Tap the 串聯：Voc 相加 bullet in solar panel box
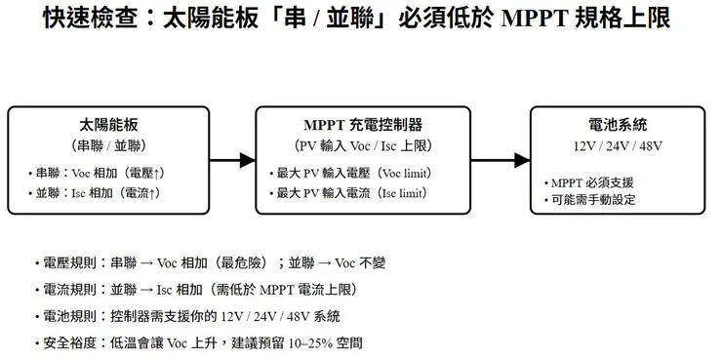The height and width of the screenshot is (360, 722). tap(98, 173)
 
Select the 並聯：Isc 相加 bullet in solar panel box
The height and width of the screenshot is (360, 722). tap(96, 193)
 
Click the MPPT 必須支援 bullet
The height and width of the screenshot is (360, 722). tap(591, 182)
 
